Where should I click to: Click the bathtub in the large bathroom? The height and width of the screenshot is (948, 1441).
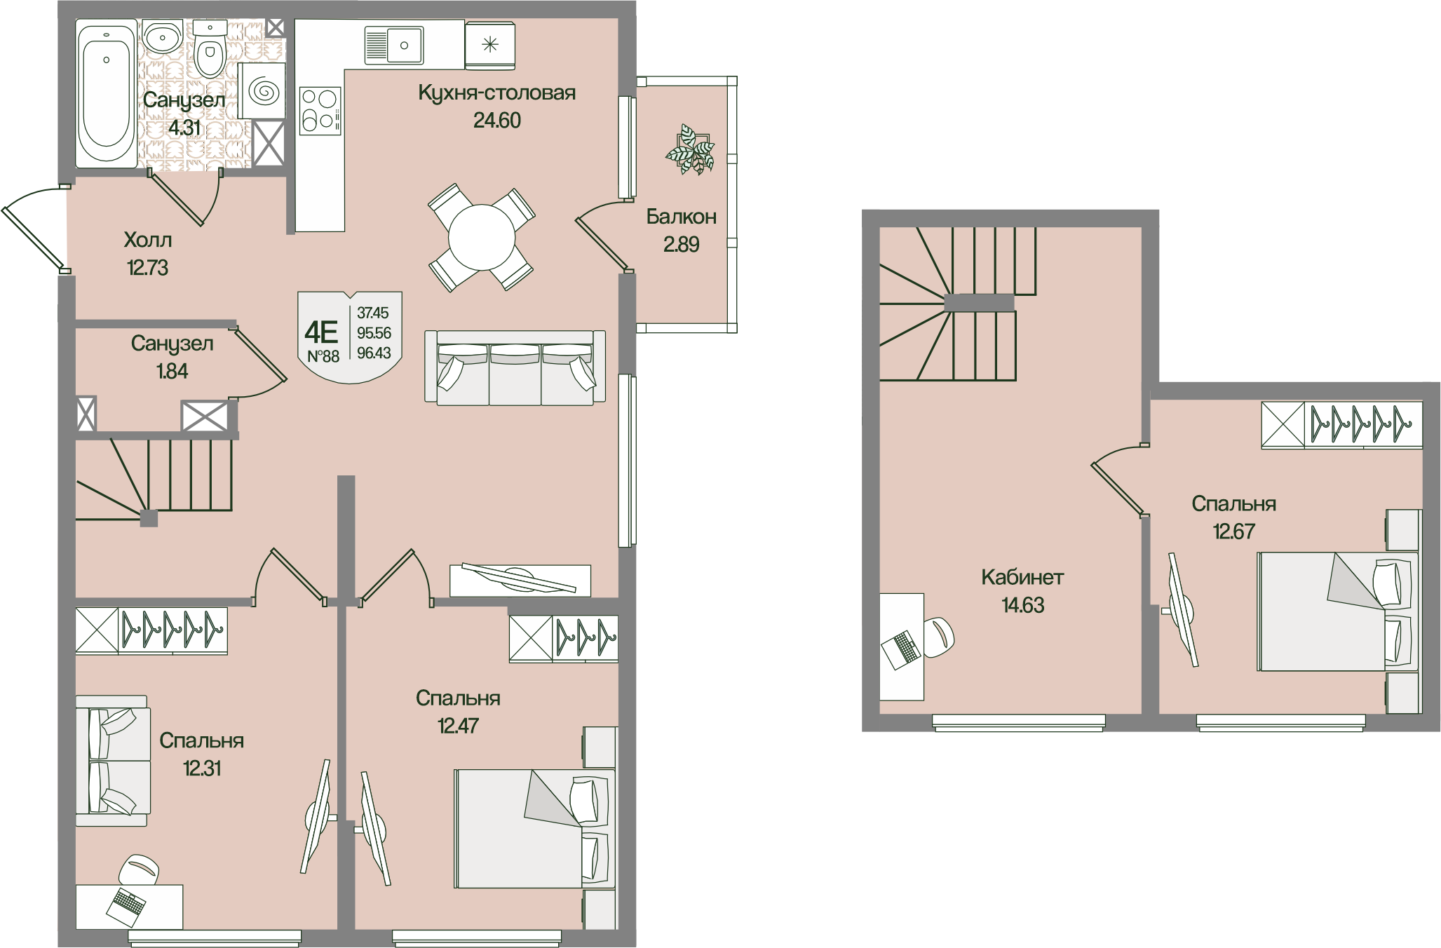(x=106, y=94)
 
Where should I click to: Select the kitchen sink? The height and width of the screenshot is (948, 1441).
(x=393, y=45)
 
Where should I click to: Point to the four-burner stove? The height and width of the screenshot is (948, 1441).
(x=320, y=111)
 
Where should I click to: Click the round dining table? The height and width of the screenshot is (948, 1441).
(x=482, y=237)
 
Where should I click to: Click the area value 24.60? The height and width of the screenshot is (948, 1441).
(x=497, y=121)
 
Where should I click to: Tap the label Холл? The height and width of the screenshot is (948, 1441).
(x=147, y=240)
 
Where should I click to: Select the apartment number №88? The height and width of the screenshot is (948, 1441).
(x=323, y=356)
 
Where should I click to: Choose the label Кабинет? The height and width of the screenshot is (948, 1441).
(x=1022, y=577)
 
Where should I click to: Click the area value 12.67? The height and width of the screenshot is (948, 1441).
(x=1234, y=531)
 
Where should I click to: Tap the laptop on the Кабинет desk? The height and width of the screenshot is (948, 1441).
(x=900, y=649)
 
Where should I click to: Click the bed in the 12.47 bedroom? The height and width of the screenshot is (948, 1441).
(x=535, y=828)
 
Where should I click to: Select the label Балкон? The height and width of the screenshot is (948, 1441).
(x=682, y=217)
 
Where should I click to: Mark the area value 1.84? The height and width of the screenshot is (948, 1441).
(x=172, y=371)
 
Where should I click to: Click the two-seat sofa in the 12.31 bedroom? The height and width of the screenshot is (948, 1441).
(x=113, y=761)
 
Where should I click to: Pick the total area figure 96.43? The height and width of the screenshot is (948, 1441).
(x=374, y=353)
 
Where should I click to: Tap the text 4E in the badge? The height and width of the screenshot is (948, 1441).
(x=322, y=331)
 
